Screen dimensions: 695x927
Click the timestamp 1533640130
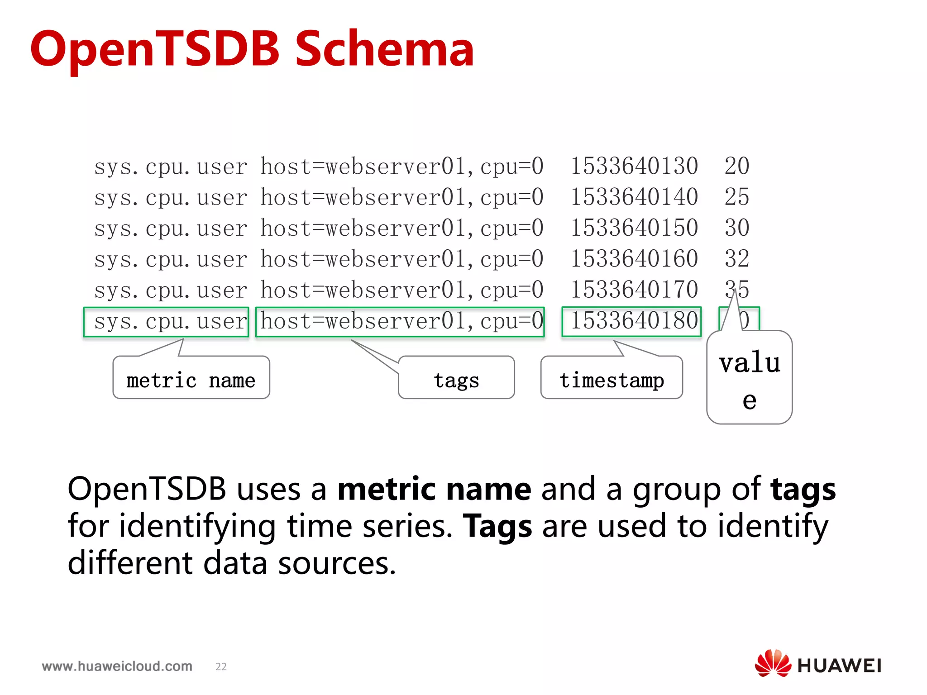[634, 166]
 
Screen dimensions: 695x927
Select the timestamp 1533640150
[634, 228]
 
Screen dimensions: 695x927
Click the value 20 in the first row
[737, 166]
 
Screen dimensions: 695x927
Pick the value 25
[737, 197]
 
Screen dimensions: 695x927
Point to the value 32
[737, 259]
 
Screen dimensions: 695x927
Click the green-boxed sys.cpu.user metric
[166, 322]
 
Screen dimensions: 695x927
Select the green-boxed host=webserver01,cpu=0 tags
[400, 322]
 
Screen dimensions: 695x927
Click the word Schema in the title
[384, 49]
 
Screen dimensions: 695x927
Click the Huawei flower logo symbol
[773, 663]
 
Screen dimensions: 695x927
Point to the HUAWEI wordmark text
[839, 666]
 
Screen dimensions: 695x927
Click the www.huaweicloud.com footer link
[117, 666]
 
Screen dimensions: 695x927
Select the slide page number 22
[221, 666]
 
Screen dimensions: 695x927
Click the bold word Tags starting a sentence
[497, 527]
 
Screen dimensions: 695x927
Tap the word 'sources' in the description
[337, 564]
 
